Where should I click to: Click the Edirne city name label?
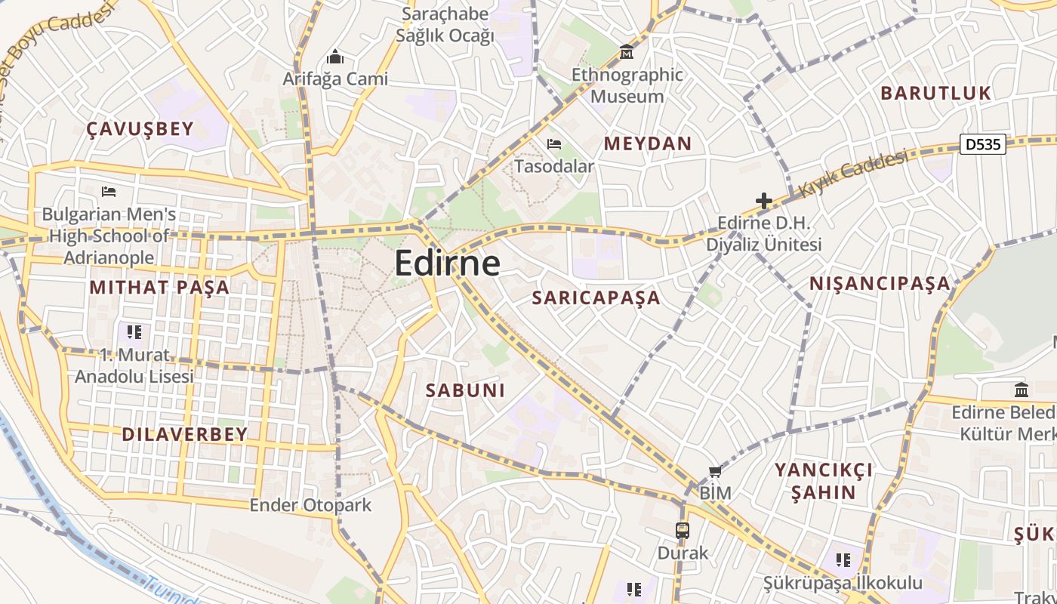(x=447, y=263)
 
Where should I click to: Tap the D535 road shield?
(x=983, y=143)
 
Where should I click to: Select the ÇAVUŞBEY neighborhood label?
(x=140, y=129)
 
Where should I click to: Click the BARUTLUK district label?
(x=935, y=94)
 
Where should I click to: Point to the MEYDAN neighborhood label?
(x=648, y=143)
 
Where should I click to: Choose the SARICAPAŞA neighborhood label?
(x=596, y=297)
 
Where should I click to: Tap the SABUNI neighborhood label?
(x=465, y=390)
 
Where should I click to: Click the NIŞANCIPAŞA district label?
(x=880, y=284)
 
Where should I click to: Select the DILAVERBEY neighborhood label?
(x=184, y=434)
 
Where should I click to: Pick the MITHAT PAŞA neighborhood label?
(x=159, y=288)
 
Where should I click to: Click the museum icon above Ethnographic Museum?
(x=626, y=54)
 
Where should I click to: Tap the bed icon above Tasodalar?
(x=554, y=144)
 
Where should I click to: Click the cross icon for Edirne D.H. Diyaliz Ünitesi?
(x=763, y=201)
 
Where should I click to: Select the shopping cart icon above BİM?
(x=715, y=472)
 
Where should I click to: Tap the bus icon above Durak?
(x=683, y=530)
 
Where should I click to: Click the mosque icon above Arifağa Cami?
(x=334, y=57)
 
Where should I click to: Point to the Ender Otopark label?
(x=310, y=505)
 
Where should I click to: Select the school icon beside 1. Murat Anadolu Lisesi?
(x=134, y=331)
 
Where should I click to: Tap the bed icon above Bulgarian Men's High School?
(x=109, y=192)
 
